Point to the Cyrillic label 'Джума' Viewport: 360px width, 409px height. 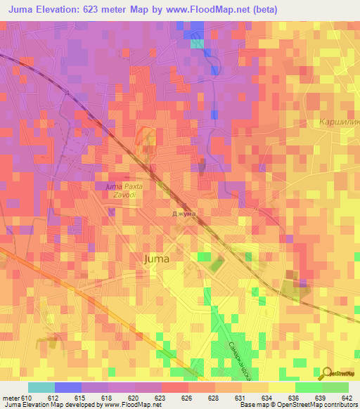click(184, 213)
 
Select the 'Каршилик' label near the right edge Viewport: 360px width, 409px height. click(339, 122)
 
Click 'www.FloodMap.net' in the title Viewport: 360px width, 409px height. click(214, 10)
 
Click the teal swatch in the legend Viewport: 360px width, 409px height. click(41, 387)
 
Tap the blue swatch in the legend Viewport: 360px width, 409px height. click(67, 387)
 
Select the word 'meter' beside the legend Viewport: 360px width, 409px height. click(10, 398)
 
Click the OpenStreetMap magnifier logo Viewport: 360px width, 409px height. click(326, 373)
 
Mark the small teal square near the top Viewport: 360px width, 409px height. click(198, 44)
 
